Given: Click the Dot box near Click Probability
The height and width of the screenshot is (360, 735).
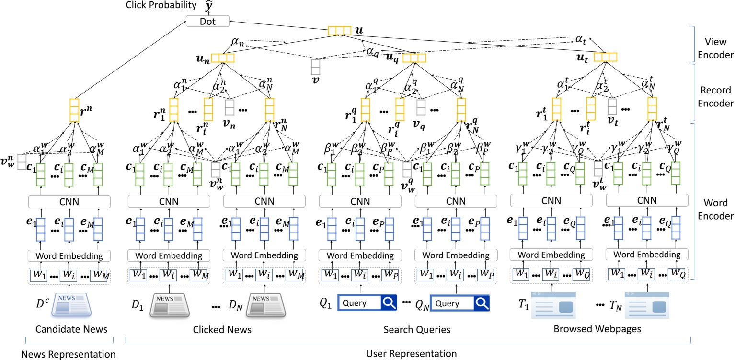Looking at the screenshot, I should pos(207,21).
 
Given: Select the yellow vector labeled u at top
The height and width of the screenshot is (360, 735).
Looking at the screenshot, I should pos(340,31).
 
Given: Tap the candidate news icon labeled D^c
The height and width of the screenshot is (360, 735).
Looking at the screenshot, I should pos(70,304).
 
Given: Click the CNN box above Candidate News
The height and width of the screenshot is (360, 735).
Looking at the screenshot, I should pos(70,201).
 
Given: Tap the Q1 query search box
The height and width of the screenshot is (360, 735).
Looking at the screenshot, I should pos(367,303).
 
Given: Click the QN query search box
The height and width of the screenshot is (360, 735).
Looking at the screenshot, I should pos(459,303).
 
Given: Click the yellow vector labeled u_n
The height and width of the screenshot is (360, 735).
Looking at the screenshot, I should pos(223,58).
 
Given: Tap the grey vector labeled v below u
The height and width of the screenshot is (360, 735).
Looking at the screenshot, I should pos(315,67).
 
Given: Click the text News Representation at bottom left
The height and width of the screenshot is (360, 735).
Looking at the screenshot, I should pos(69,354).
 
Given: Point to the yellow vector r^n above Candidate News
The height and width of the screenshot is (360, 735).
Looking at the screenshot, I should pos(74,110).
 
